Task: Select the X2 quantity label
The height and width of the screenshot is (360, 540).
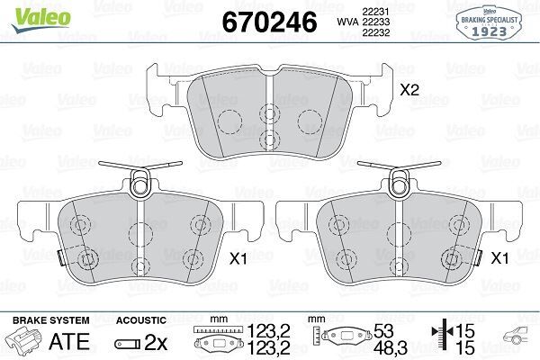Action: pyautogui.click(x=410, y=91)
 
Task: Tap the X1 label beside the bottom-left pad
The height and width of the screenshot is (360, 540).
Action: pyautogui.click(x=237, y=257)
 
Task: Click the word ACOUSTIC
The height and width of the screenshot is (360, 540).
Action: pyautogui.click(x=141, y=319)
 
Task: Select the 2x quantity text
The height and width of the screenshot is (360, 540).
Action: pyautogui.click(x=157, y=342)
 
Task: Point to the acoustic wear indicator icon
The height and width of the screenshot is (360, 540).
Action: pyautogui.click(x=126, y=343)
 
